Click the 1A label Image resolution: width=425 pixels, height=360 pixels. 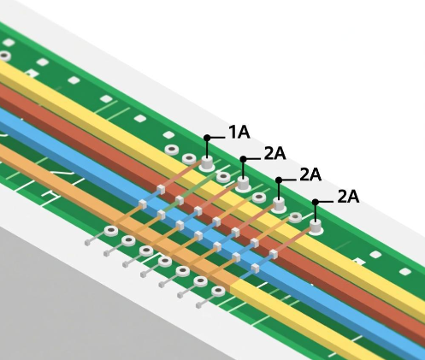pos(239,132)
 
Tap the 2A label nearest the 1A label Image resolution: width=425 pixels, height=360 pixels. pos(274,154)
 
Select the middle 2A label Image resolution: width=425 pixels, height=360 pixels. pos(310,174)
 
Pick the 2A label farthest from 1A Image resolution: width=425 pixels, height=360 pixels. pos(348,197)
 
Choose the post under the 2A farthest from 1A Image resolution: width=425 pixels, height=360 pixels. pos(316,227)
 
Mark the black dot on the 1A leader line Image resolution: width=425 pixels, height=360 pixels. pos(207,137)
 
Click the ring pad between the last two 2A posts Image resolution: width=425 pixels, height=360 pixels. pos(296,218)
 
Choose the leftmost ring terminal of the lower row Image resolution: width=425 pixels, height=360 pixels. pos(110,231)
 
